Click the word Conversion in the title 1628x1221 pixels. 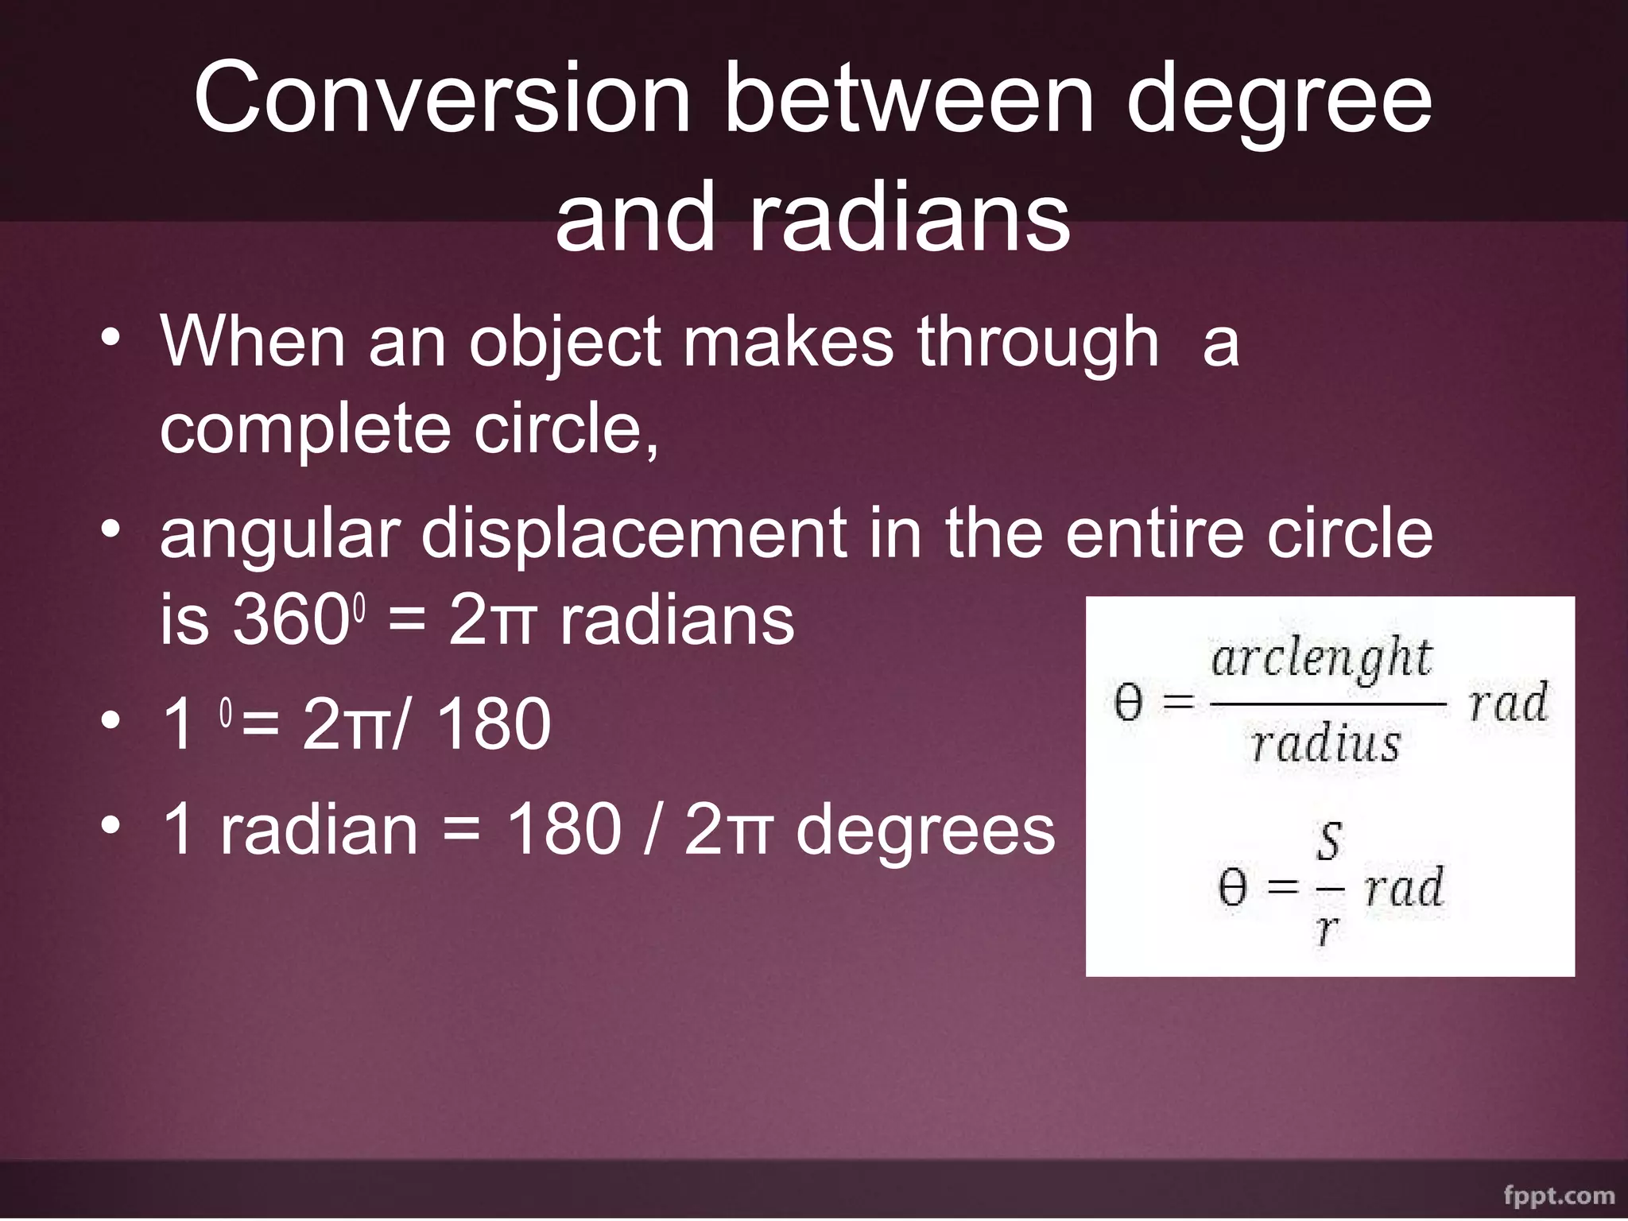(442, 99)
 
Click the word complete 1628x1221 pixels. (305, 429)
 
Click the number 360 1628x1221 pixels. (287, 621)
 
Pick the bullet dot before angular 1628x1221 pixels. (110, 528)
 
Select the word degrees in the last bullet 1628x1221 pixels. (925, 831)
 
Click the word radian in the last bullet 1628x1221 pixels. (318, 831)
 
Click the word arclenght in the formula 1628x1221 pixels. (1320, 659)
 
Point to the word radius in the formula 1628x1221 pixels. (1325, 744)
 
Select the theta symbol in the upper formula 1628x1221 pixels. (1127, 704)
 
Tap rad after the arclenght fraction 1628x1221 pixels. (1508, 704)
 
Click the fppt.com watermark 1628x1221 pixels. (1558, 1196)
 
